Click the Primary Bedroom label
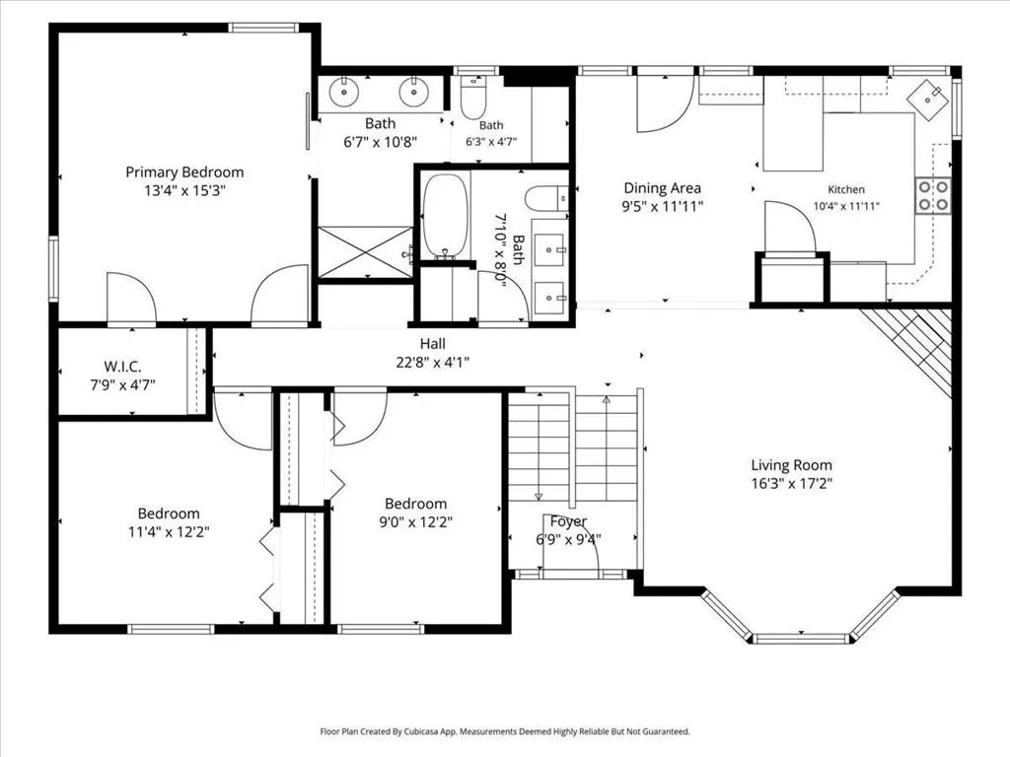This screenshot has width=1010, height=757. pyautogui.click(x=184, y=172)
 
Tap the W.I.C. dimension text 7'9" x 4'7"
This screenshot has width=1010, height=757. pyautogui.click(x=122, y=385)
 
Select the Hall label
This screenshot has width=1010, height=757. pyautogui.click(x=433, y=344)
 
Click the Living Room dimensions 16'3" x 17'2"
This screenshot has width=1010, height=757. pyautogui.click(x=792, y=483)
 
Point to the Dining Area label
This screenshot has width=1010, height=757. pyautogui.click(x=662, y=188)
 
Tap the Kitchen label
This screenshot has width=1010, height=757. pyautogui.click(x=846, y=189)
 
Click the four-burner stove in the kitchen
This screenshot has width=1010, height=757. pyautogui.click(x=933, y=196)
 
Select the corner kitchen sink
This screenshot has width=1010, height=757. pyautogui.click(x=928, y=100)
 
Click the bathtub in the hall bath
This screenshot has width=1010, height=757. pyautogui.click(x=445, y=216)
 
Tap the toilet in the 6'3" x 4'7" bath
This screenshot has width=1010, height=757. pyautogui.click(x=473, y=98)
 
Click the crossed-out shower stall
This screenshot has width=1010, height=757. pyautogui.click(x=366, y=251)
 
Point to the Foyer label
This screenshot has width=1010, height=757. pyautogui.click(x=568, y=520)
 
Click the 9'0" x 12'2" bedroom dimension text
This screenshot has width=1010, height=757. pyautogui.click(x=416, y=522)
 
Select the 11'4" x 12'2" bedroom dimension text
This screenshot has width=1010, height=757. pyautogui.click(x=169, y=531)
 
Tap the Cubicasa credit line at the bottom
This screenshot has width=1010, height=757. pyautogui.click(x=505, y=731)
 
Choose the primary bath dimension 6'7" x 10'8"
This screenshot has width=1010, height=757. pyautogui.click(x=381, y=142)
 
